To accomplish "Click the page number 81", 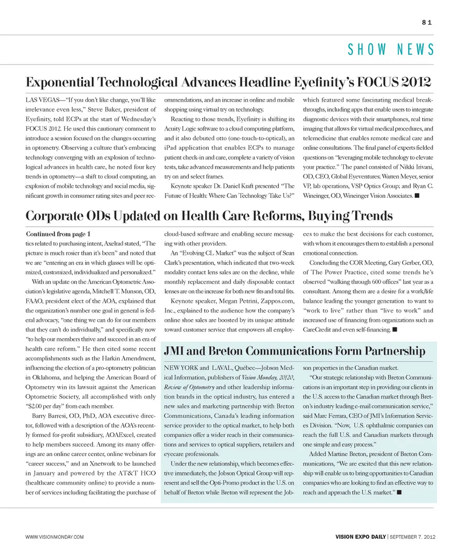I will pyautogui.click(x=427, y=22).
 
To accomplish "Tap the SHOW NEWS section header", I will pyautogui.click(x=391, y=49).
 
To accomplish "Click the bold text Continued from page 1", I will pyautogui.click(x=57, y=234).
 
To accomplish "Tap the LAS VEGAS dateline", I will pyautogui.click(x=42, y=100).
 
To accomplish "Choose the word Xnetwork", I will pyautogui.click(x=110, y=464).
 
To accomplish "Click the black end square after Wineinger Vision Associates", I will pyautogui.click(x=417, y=196).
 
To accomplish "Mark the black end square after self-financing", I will pyautogui.click(x=394, y=330).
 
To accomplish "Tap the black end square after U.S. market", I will pyautogui.click(x=399, y=492).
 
